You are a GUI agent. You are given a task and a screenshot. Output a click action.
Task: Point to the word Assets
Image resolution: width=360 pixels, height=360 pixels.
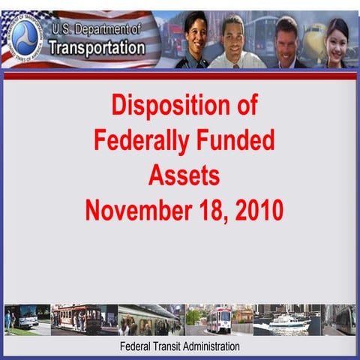pos(184,175)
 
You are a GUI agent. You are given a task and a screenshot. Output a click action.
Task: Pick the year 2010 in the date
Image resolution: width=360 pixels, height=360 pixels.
pos(259,210)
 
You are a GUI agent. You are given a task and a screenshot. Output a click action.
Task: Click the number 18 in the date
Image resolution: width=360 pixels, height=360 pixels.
pos(208,210)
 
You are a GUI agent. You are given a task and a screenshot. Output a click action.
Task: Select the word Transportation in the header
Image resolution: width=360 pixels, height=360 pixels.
pos(97,48)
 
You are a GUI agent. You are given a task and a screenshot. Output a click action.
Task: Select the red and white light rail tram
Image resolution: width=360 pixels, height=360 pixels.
pos(219,320)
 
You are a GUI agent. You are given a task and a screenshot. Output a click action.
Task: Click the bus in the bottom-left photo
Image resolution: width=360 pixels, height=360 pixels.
pos(24,316)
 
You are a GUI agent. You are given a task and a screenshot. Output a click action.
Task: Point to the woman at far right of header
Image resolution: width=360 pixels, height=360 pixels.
pos(337,41)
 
